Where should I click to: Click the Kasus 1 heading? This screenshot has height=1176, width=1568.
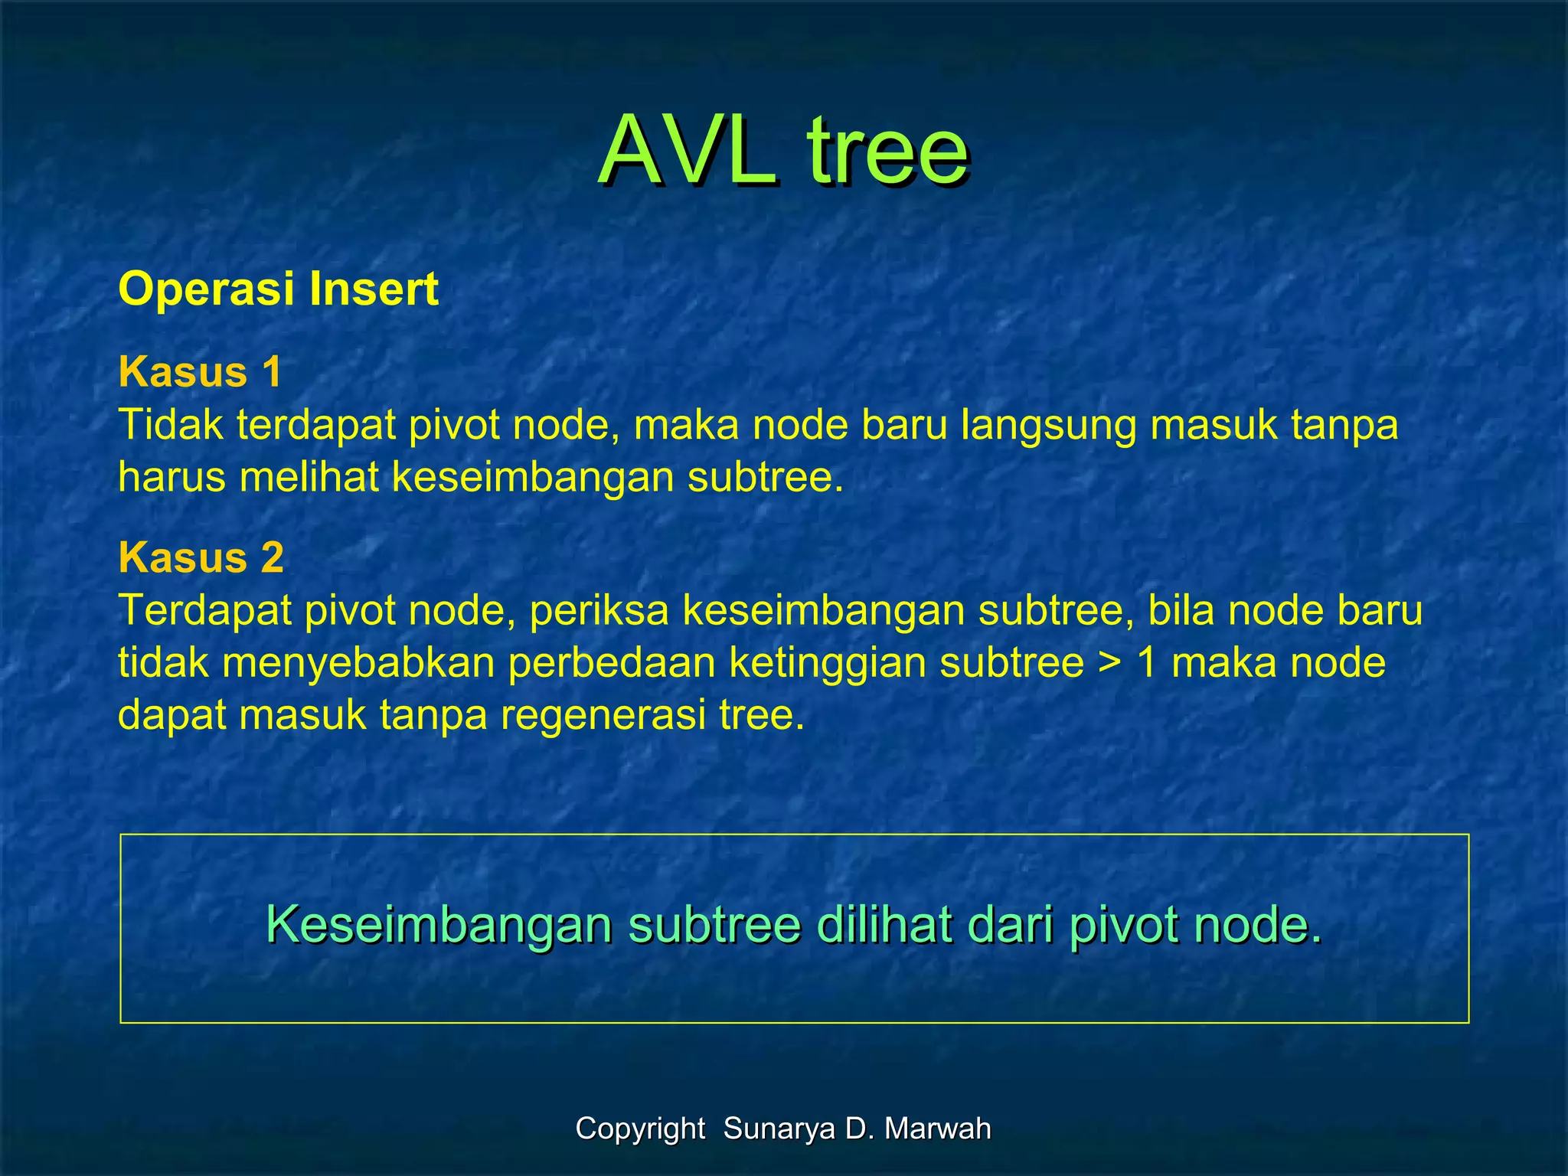200,372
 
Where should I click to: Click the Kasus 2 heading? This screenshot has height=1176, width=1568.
201,557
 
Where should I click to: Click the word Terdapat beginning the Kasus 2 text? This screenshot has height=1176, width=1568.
204,610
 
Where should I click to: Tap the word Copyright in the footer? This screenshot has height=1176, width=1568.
640,1129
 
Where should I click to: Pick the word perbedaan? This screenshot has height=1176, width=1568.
612,662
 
